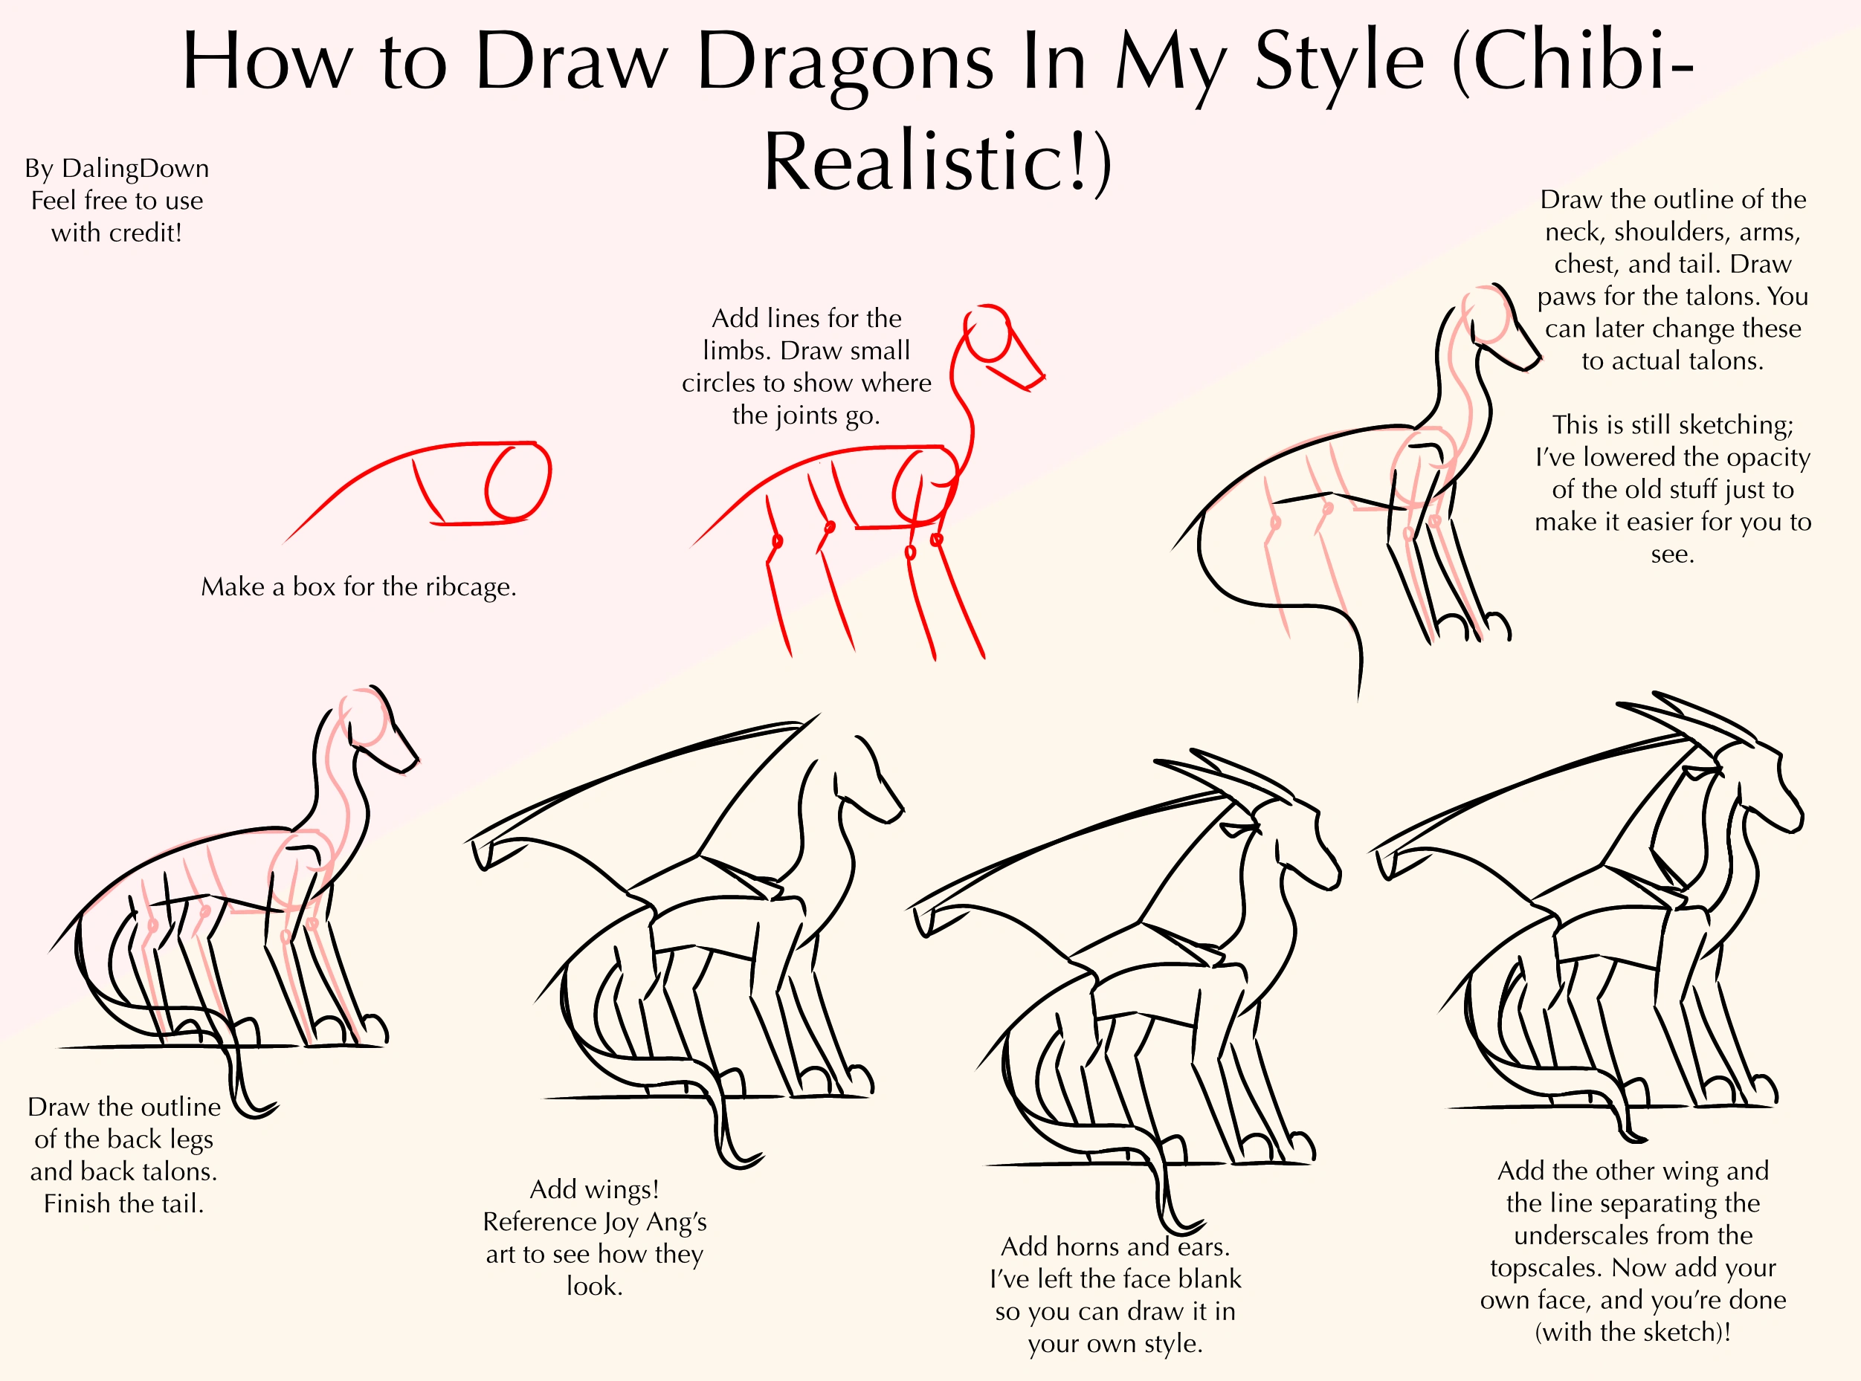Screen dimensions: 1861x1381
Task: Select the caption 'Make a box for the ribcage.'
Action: pos(358,587)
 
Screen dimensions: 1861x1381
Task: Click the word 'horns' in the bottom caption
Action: pos(1088,1247)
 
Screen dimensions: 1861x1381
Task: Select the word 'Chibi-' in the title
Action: pos(1572,62)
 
